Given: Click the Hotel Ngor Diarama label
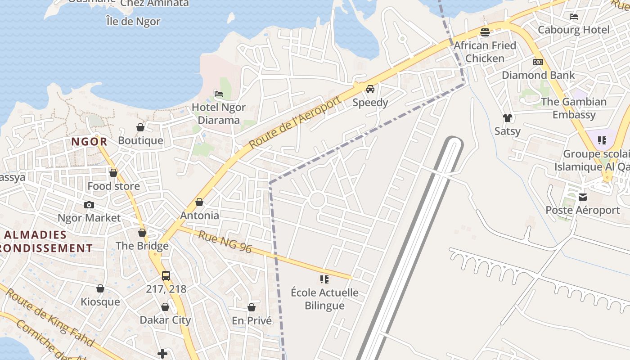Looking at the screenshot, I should [219, 114].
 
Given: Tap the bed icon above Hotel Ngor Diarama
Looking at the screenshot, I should [219, 94].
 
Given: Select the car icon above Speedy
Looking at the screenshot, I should [370, 89].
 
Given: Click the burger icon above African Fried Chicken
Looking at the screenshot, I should [485, 32].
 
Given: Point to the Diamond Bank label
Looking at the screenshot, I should [538, 75].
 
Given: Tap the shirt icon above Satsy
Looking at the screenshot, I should [508, 118].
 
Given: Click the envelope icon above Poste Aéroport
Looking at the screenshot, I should [583, 197].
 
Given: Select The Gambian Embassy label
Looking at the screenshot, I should [574, 108].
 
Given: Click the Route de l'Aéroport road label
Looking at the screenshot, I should [295, 122].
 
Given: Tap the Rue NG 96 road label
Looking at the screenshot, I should [225, 242].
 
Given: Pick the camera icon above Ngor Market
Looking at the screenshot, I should [89, 205].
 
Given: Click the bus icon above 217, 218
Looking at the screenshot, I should [166, 275].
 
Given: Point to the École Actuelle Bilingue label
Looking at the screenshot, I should [324, 299].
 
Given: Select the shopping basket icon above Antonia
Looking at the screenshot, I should [199, 202].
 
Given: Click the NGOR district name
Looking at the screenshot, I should [89, 142].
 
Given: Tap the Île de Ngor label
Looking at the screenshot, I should [133, 21].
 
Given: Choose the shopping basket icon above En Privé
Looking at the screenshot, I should [252, 307].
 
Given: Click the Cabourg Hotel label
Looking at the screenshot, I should [574, 30].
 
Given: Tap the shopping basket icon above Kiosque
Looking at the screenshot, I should [100, 288].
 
